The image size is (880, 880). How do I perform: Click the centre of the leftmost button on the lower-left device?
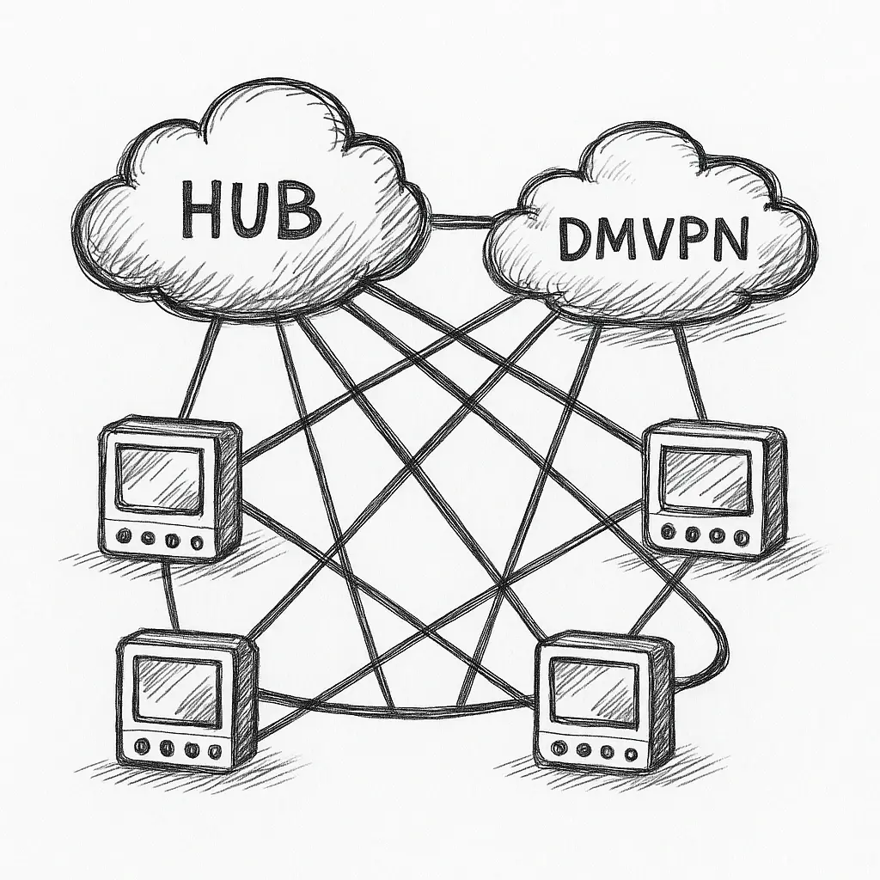point(141,746)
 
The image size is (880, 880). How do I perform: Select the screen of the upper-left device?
point(160,476)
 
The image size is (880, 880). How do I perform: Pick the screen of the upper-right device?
point(707,480)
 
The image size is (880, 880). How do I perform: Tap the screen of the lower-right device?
point(593,692)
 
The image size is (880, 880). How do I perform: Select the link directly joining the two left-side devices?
point(171,595)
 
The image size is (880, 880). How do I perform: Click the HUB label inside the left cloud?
point(251,211)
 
